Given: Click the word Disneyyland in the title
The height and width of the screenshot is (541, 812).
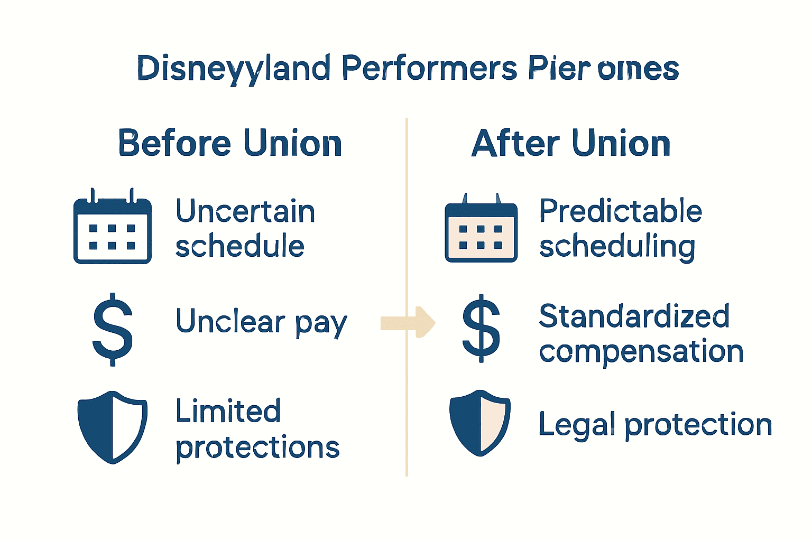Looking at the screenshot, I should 233,69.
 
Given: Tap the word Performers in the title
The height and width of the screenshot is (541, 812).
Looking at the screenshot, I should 429,69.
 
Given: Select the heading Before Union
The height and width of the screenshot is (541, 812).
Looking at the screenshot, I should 230,143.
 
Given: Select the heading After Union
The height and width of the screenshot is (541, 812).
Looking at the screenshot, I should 571,143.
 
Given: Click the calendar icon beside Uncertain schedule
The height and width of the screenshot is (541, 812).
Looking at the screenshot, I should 112,227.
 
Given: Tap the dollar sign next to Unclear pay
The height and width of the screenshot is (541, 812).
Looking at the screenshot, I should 112,329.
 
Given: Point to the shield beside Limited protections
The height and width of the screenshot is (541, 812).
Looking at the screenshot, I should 112,427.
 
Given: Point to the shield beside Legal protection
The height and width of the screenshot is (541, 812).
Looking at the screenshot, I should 480,423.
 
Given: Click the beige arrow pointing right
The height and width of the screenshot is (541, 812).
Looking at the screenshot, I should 408,322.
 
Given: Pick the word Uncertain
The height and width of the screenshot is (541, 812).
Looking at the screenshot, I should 245,211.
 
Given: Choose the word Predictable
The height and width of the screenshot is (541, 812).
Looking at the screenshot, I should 620,211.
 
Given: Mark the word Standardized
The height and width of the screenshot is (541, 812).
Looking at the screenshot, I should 634,316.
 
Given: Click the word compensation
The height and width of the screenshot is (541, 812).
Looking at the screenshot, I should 641,352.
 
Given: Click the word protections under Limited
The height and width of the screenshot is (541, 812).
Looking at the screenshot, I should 257,448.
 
